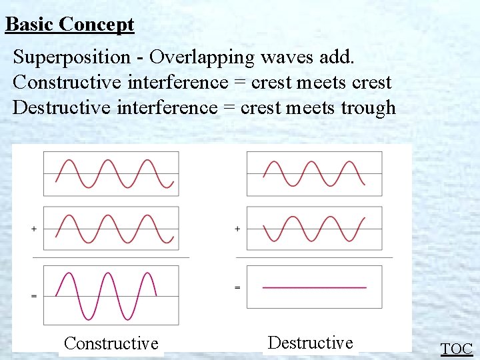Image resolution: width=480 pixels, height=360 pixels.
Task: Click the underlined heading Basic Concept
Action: pyautogui.click(x=69, y=25)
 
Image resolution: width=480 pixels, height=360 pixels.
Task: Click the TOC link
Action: pyautogui.click(x=457, y=349)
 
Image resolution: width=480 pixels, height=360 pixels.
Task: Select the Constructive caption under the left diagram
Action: pyautogui.click(x=111, y=344)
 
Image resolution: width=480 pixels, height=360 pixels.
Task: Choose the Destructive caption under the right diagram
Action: pyautogui.click(x=310, y=343)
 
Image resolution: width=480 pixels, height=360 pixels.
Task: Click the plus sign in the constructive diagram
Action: pyautogui.click(x=33, y=229)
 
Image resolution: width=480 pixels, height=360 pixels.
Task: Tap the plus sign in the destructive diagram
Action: pyautogui.click(x=237, y=229)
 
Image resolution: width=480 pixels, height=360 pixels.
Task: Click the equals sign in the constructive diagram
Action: pyautogui.click(x=33, y=295)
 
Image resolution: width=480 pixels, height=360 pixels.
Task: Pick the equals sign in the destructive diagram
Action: pyautogui.click(x=237, y=287)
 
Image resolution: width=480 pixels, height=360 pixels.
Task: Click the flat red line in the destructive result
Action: pyautogui.click(x=315, y=287)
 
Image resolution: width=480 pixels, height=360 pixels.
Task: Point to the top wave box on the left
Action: pyautogui.click(x=111, y=173)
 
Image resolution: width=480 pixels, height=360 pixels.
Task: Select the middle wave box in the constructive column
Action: pyautogui.click(x=111, y=229)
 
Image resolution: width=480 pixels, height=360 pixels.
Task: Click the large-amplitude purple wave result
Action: pyautogui.click(x=107, y=295)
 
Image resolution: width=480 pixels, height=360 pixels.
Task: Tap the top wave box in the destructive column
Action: pyautogui.click(x=315, y=173)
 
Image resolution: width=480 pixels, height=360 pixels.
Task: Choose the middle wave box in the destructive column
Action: pyautogui.click(x=315, y=229)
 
